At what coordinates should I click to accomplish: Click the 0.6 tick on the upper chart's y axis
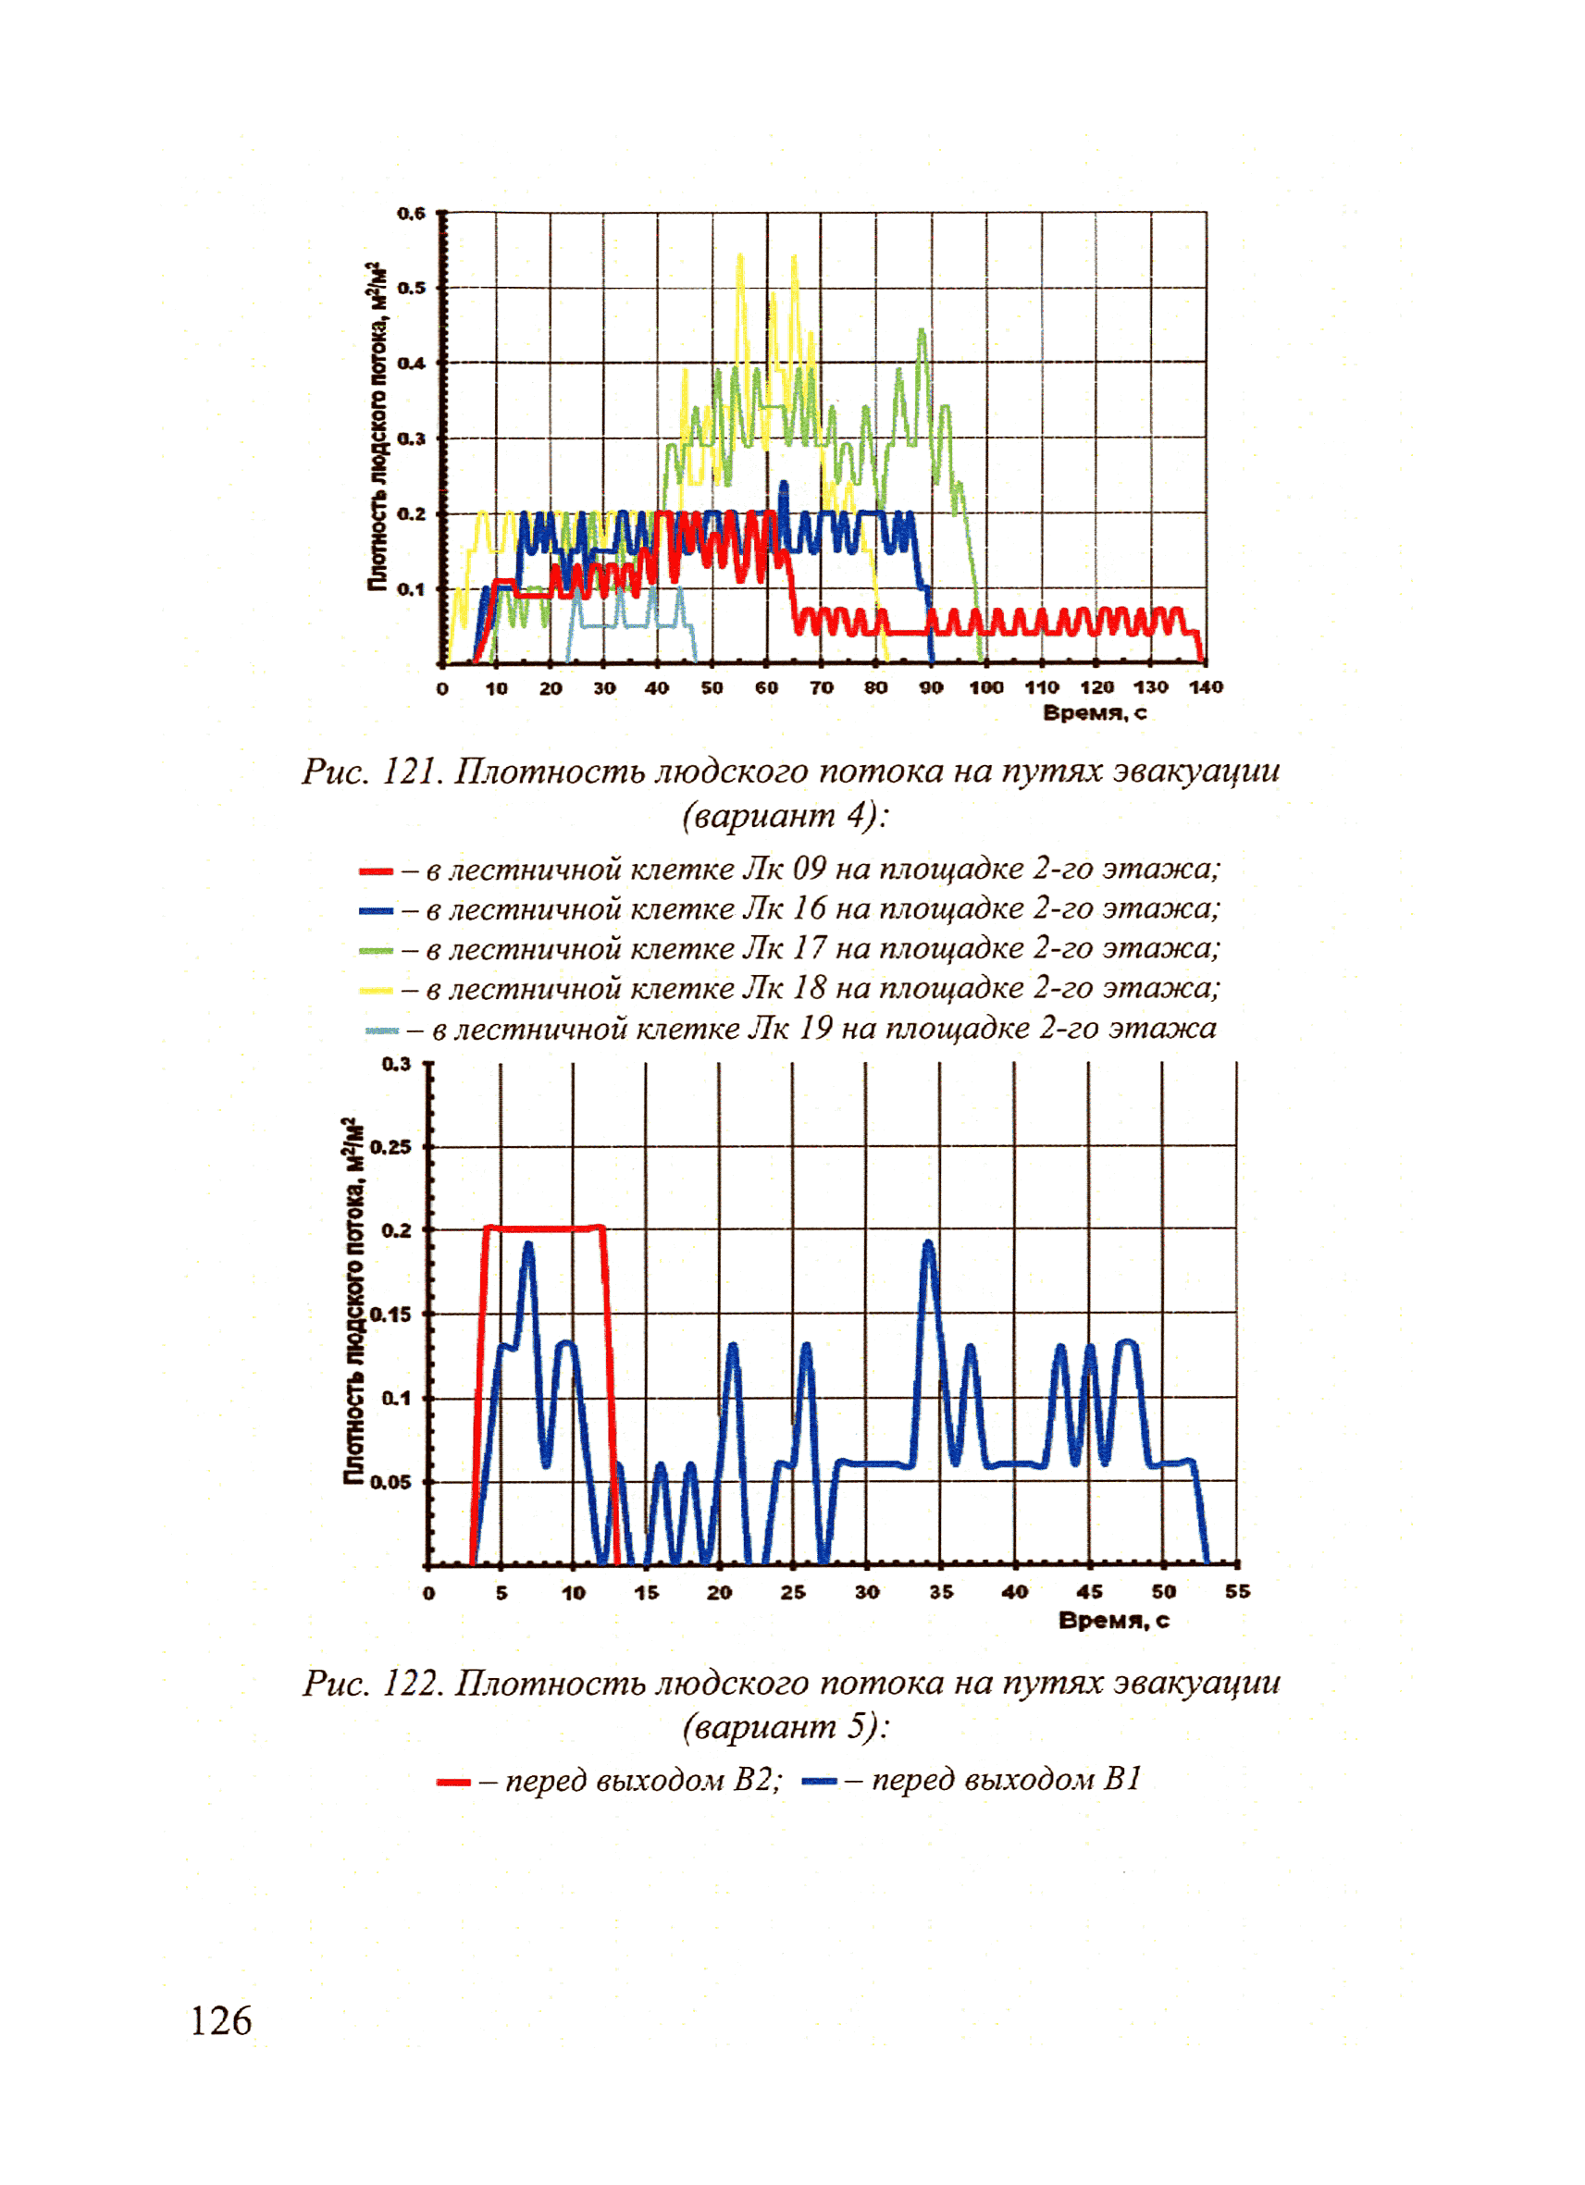click(412, 213)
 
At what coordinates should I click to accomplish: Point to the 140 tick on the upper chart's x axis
click(1207, 687)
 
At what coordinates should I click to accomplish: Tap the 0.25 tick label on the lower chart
click(390, 1146)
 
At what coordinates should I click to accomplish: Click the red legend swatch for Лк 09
click(376, 870)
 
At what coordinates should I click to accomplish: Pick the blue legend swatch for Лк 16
click(376, 910)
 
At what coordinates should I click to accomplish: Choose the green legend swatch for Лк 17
click(376, 951)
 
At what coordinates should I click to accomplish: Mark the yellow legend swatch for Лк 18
click(376, 991)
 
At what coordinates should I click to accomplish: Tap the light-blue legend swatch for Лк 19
click(381, 1031)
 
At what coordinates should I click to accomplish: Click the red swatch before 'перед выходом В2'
click(452, 1783)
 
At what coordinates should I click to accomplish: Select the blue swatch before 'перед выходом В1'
click(819, 1782)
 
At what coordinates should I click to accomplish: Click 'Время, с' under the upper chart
click(1095, 713)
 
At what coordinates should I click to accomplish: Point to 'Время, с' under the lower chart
click(1114, 1621)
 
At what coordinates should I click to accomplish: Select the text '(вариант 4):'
click(786, 816)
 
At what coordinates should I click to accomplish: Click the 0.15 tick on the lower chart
click(390, 1315)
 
